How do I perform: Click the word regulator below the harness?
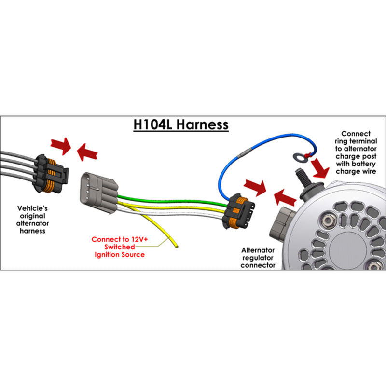[259, 258]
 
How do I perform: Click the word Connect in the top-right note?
[356, 133]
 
